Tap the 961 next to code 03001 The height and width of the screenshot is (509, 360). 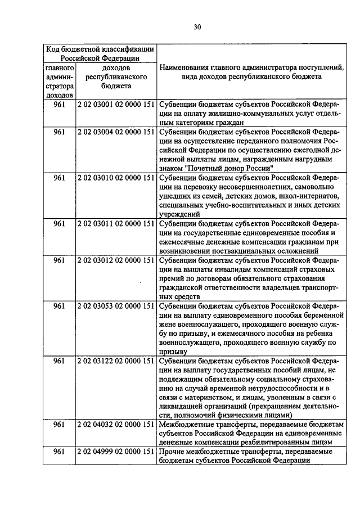pos(60,105)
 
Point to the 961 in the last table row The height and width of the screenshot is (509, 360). pos(60,452)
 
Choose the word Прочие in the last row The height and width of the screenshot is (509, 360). pos(170,452)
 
